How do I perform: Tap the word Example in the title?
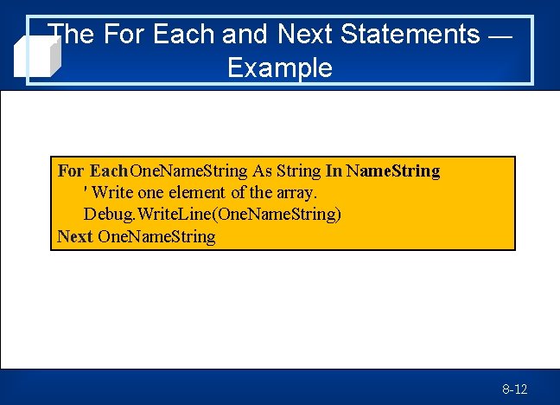point(279,67)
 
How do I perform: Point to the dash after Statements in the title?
point(500,36)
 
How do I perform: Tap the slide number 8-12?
point(514,389)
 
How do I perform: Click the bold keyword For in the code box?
point(71,171)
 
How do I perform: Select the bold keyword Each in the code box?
point(108,171)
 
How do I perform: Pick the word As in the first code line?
point(262,171)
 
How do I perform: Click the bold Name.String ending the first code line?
point(393,171)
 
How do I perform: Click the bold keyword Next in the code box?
point(75,235)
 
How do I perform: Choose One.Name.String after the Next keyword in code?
point(156,235)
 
